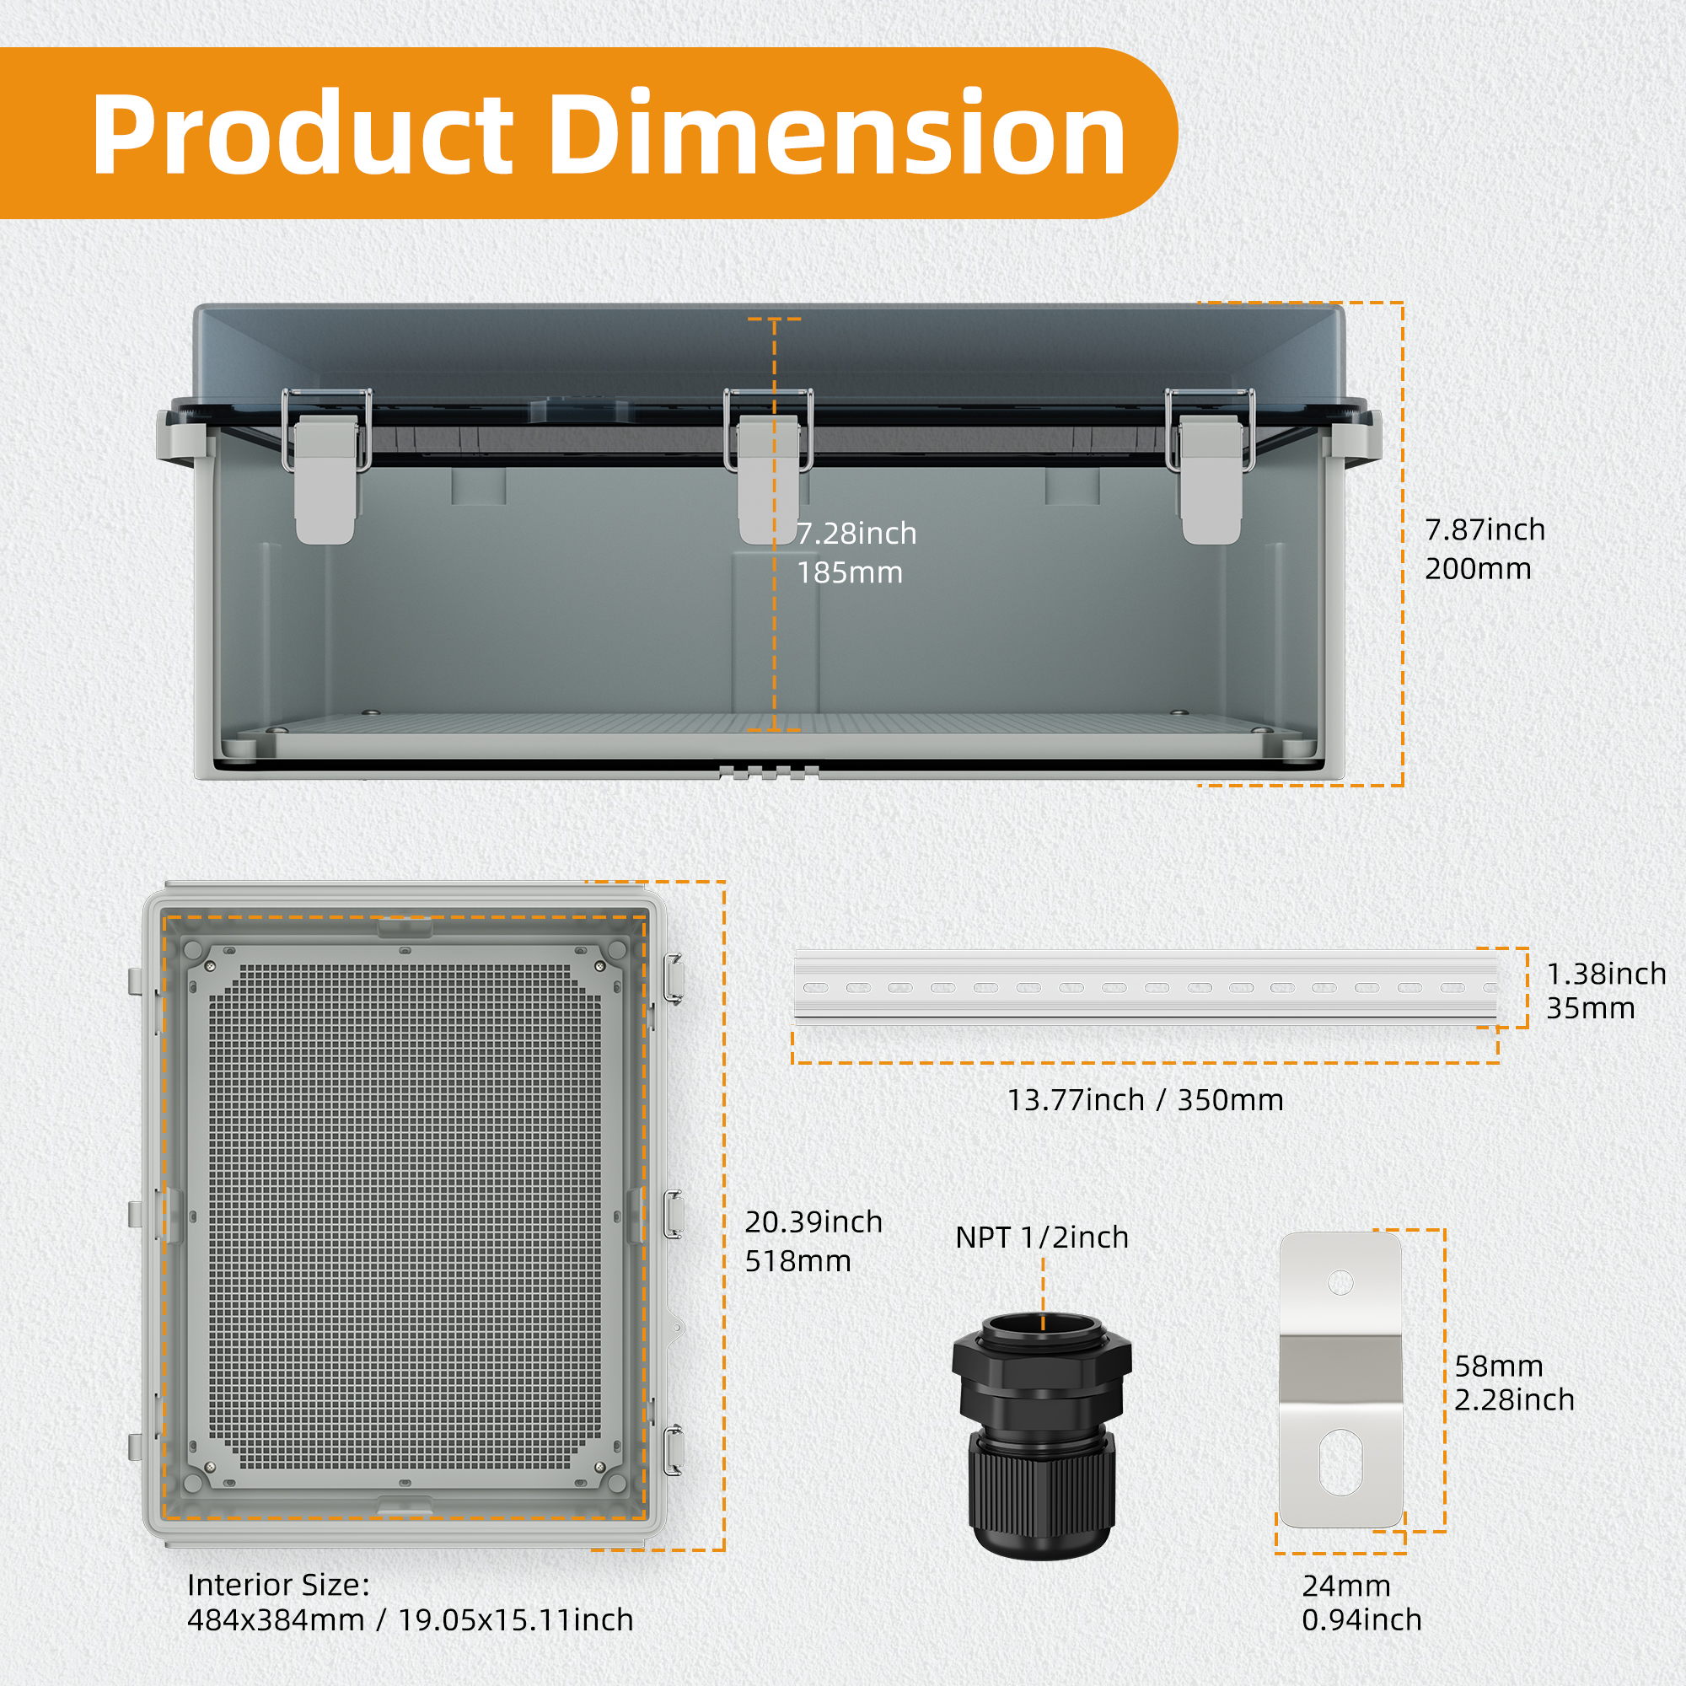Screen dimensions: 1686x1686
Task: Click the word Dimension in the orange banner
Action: point(838,133)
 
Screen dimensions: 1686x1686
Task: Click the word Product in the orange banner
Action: point(303,133)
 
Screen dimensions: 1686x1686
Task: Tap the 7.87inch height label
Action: point(1485,529)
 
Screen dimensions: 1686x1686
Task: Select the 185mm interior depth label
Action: point(850,572)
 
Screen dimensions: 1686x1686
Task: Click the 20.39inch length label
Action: point(813,1222)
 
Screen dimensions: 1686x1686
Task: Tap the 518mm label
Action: point(797,1261)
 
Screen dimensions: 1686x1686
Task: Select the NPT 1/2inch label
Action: point(1042,1238)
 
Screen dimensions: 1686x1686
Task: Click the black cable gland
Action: point(1042,1436)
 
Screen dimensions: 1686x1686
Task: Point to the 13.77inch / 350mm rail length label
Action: point(1145,1100)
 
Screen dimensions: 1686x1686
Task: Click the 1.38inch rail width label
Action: point(1607,974)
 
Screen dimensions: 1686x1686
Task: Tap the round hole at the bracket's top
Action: point(1340,1283)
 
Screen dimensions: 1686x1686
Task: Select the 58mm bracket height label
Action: point(1498,1367)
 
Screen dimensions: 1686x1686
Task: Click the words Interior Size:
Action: point(278,1585)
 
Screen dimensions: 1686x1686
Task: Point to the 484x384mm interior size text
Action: point(276,1620)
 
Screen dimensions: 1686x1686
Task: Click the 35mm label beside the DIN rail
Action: point(1591,1009)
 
